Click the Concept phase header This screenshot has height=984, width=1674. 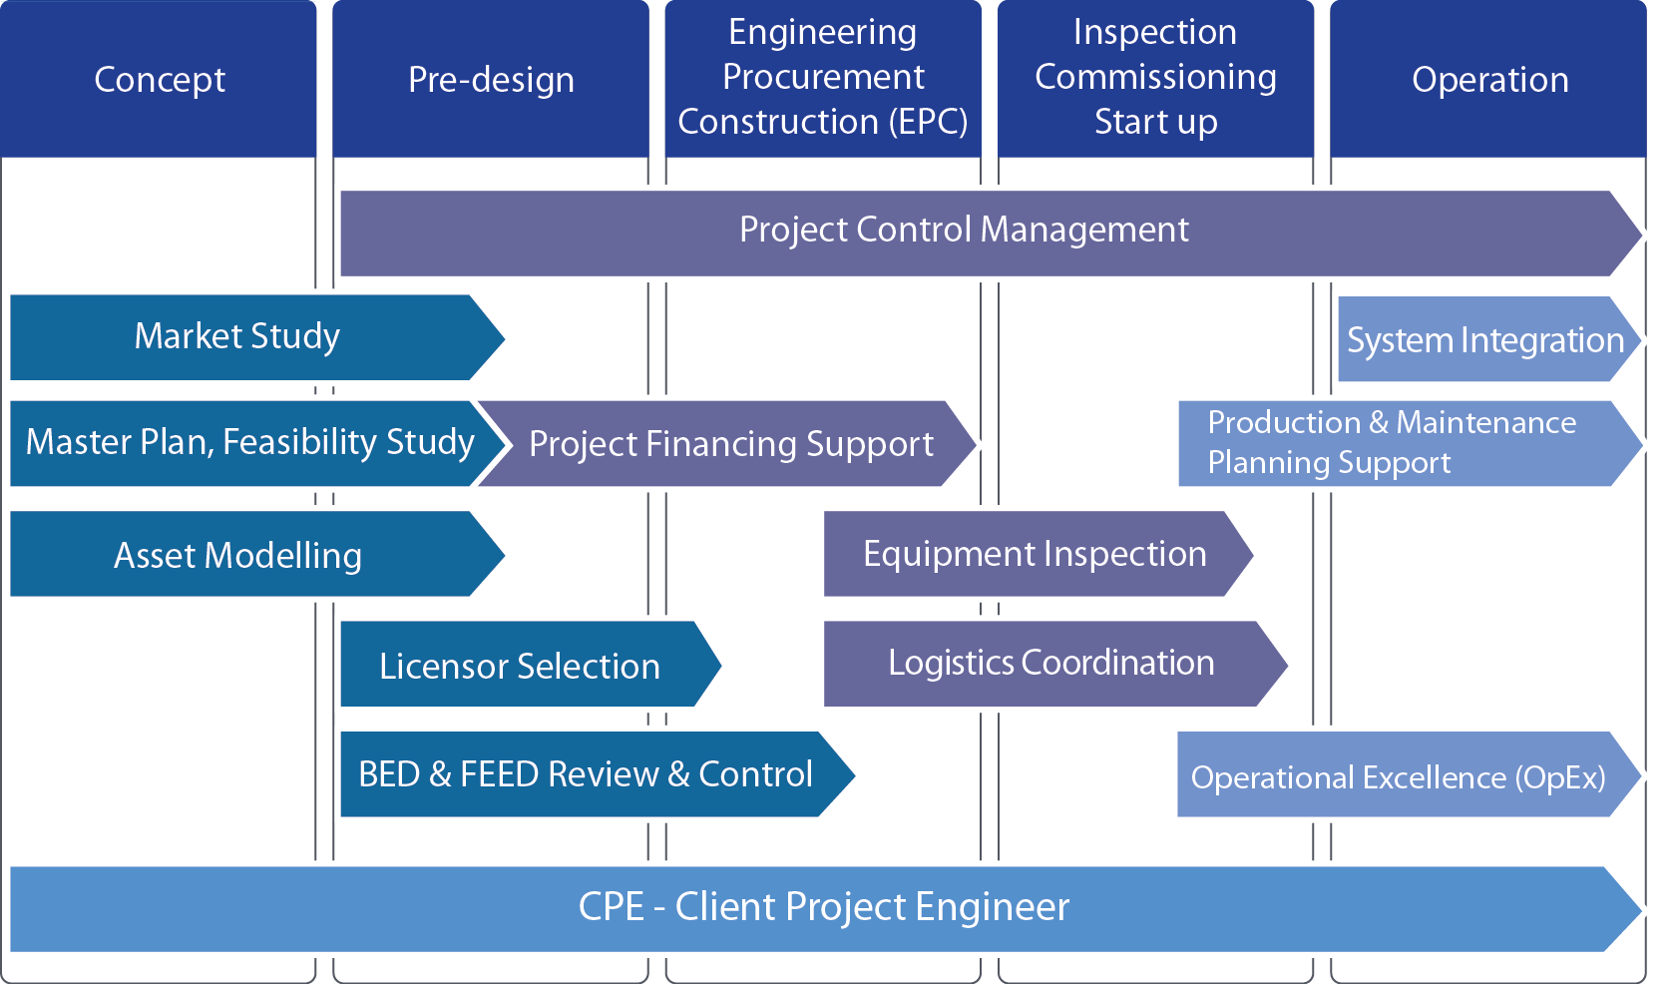[x=160, y=80]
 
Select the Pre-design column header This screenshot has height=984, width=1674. [x=491, y=80]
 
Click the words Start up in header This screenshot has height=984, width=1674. [x=1155, y=122]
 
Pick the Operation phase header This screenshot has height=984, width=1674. [x=1489, y=80]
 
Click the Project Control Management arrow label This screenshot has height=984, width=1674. [x=964, y=231]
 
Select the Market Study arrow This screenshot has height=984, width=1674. [x=237, y=337]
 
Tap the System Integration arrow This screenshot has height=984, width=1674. [x=1484, y=340]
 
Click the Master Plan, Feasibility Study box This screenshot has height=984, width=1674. [x=249, y=443]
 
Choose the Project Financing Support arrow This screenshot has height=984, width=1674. [x=730, y=444]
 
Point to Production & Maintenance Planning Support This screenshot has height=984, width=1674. [x=1391, y=443]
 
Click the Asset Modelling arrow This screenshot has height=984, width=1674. [x=237, y=555]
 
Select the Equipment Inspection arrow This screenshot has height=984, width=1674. [x=1034, y=554]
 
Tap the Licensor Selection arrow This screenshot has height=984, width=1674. [x=519, y=666]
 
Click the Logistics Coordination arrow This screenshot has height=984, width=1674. [x=1050, y=664]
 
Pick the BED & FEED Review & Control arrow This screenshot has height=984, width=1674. [x=585, y=774]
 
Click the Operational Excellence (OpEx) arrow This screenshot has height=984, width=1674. [x=1397, y=776]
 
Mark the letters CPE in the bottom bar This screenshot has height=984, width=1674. [x=611, y=907]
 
